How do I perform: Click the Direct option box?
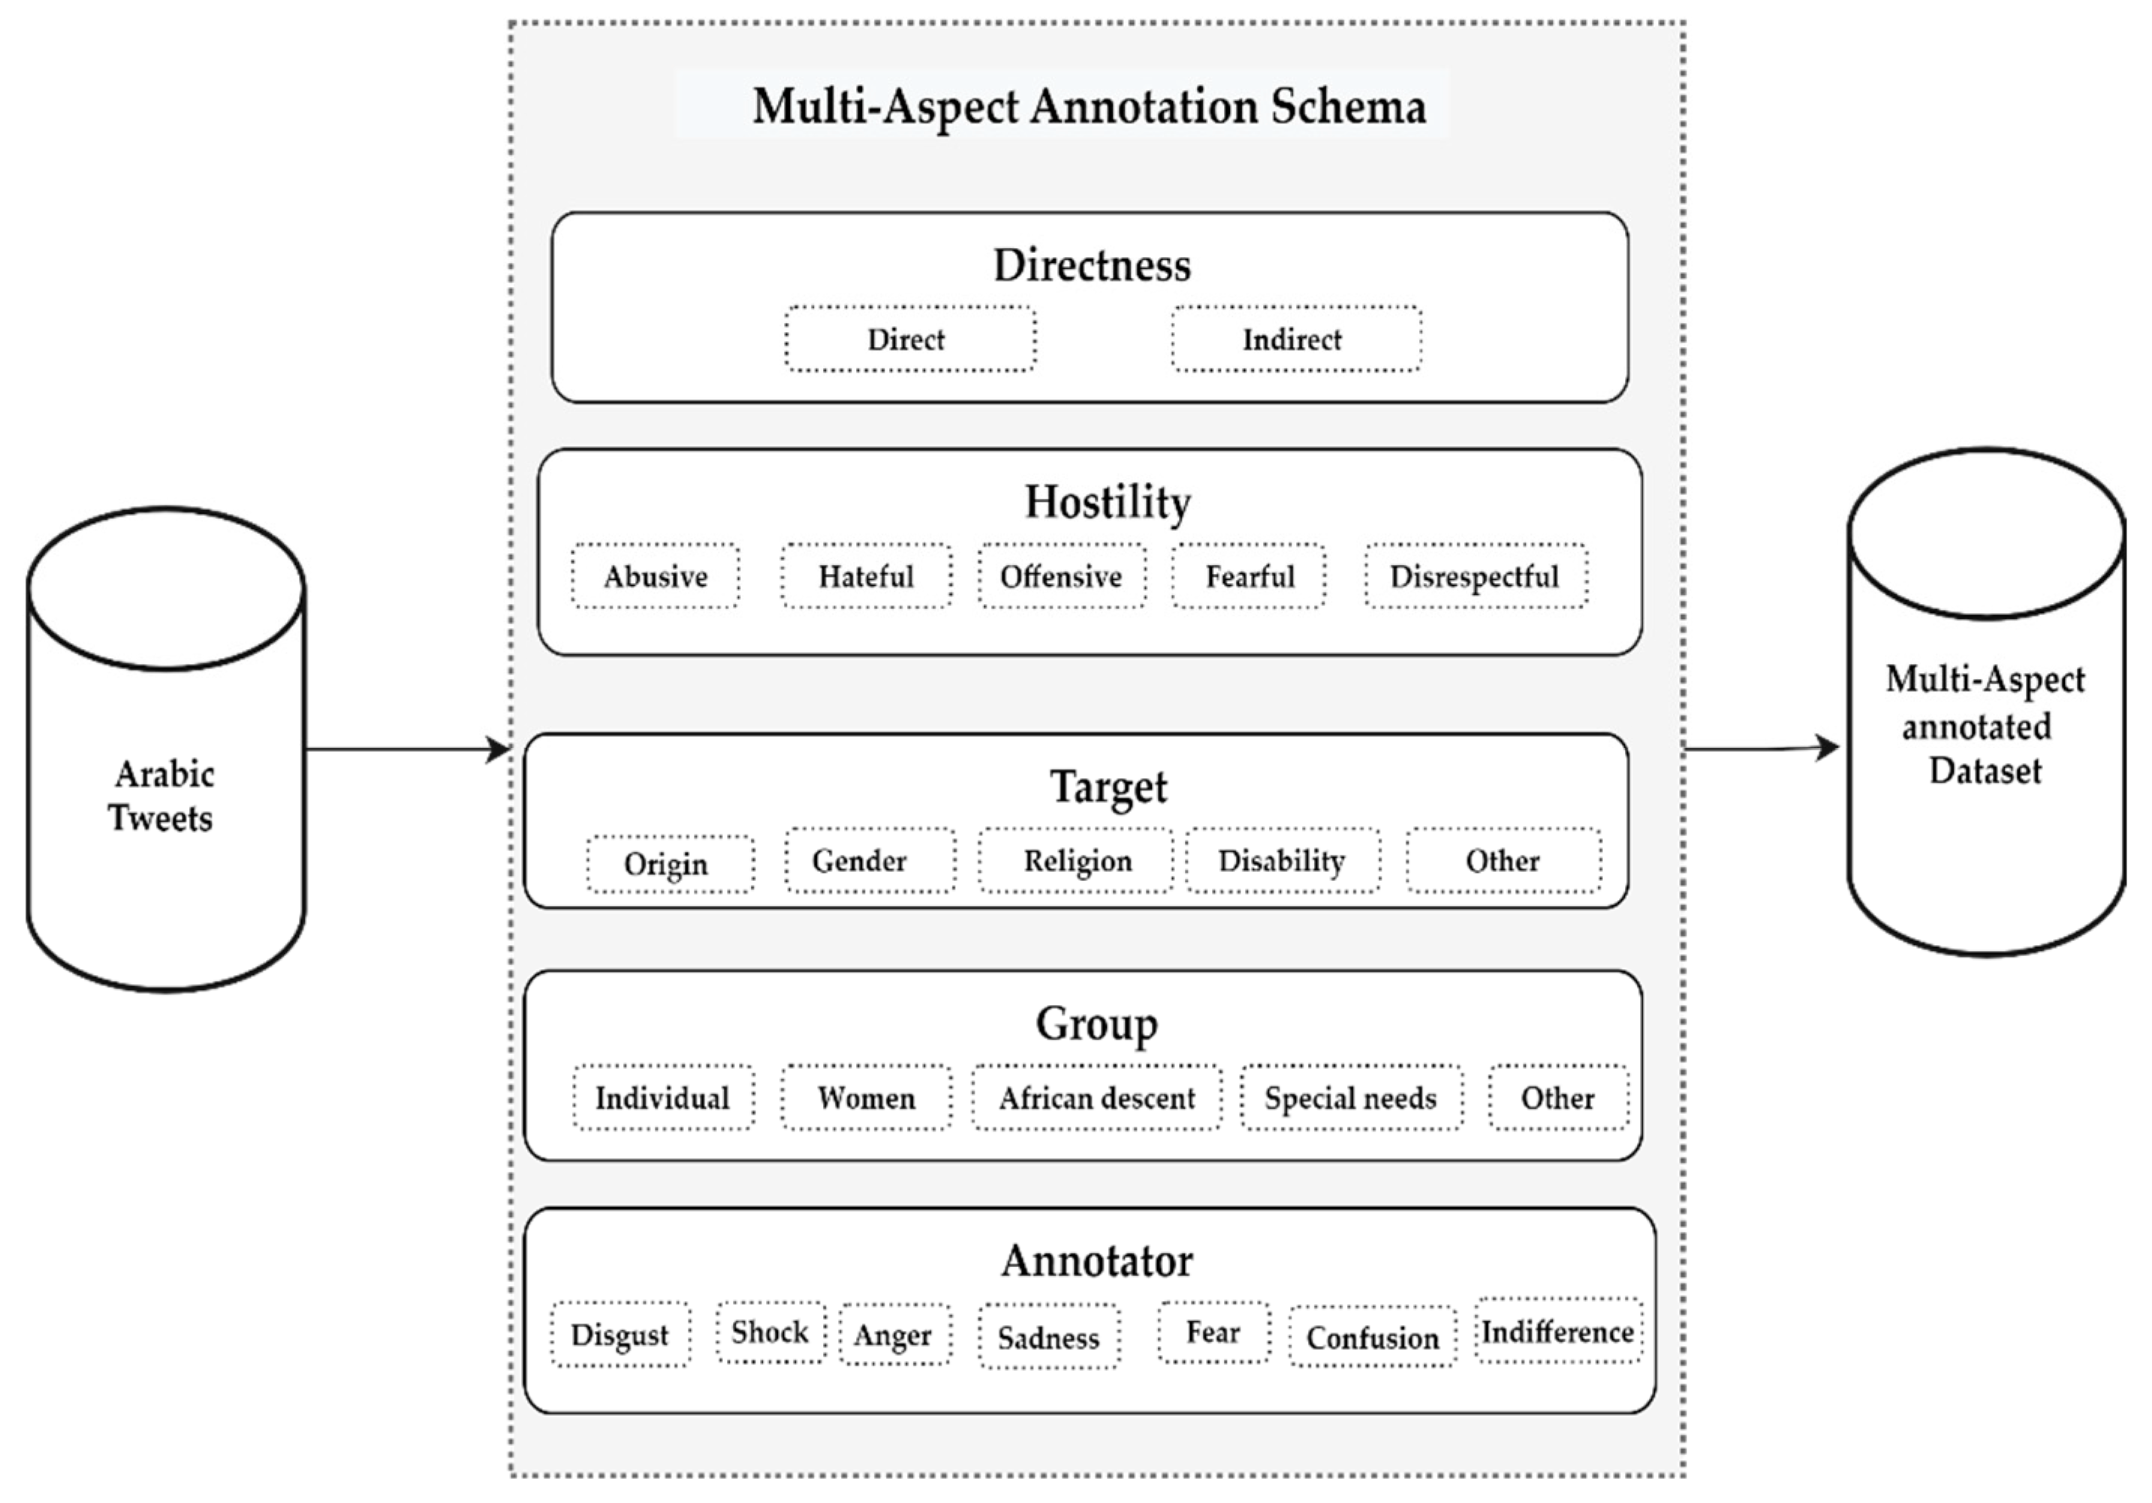click(x=909, y=340)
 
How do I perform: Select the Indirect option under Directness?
click(x=1295, y=340)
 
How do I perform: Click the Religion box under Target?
click(x=1076, y=861)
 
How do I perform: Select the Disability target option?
click(x=1282, y=861)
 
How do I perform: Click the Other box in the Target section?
click(x=1502, y=861)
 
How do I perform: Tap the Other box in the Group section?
click(x=1558, y=1098)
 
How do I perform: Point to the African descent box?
click(x=1096, y=1098)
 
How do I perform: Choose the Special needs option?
click(x=1351, y=1098)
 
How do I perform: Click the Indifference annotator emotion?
click(x=1558, y=1332)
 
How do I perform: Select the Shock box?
click(x=770, y=1332)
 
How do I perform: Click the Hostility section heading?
click(x=1107, y=502)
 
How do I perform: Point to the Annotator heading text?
click(x=1096, y=1261)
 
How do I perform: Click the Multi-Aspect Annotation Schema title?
click(x=1088, y=106)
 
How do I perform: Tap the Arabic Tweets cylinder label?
click(x=163, y=796)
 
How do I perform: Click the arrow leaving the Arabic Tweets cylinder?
click(x=407, y=749)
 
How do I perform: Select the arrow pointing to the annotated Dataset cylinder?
click(x=1762, y=748)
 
